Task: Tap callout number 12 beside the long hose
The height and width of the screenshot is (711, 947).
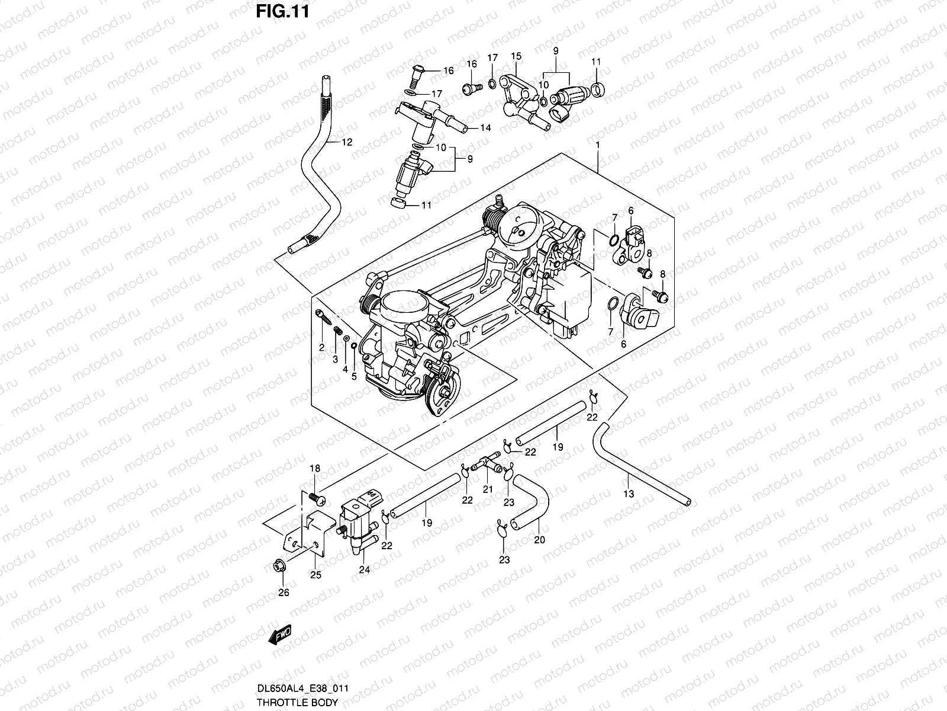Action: point(346,142)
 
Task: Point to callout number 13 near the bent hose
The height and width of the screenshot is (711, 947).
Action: point(629,493)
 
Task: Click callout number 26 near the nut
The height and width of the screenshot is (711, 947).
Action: point(284,592)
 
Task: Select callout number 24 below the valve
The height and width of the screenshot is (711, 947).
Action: point(364,570)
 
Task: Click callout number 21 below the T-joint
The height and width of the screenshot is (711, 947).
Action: point(487,489)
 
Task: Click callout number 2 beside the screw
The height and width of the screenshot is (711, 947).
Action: point(321,348)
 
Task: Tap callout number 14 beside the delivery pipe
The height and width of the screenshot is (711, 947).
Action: point(485,127)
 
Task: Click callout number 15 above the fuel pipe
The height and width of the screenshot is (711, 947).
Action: point(516,56)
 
